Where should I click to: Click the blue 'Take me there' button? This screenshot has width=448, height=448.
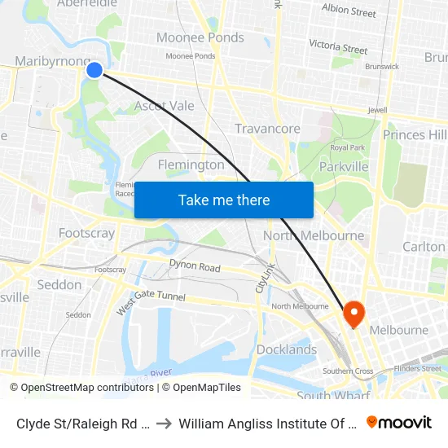224,200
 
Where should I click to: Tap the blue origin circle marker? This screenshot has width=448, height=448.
94,70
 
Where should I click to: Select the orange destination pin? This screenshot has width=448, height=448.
354,312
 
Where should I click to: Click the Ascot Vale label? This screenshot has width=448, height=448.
165,106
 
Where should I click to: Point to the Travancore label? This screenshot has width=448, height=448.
267,129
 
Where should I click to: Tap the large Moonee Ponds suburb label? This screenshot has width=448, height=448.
200,37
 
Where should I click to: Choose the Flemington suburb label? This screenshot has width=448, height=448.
191,165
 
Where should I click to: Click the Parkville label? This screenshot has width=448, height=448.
343,167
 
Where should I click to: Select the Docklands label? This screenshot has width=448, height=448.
287,349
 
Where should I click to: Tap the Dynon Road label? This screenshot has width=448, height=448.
195,266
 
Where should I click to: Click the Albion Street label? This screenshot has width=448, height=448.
349,11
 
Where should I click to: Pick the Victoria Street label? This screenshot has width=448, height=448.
338,47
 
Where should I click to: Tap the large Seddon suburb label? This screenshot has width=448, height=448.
59,285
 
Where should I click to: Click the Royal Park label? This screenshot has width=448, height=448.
347,147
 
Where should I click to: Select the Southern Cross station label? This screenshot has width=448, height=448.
348,371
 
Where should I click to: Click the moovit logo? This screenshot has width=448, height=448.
399,422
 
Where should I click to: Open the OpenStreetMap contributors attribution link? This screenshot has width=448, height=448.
81,388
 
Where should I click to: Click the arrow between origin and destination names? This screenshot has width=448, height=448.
163,423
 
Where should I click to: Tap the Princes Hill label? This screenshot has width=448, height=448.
415,134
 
